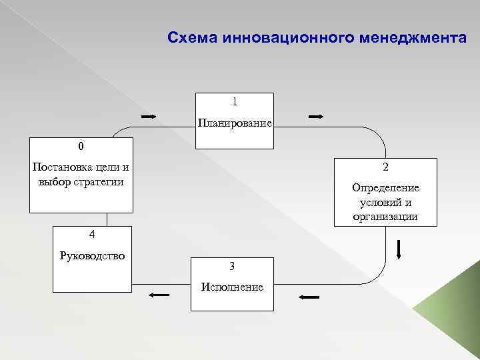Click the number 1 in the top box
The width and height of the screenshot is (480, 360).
pyautogui.click(x=234, y=102)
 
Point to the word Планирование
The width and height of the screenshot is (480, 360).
pyautogui.click(x=234, y=123)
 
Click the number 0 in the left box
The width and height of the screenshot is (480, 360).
pyautogui.click(x=81, y=145)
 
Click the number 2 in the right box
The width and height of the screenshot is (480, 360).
pyautogui.click(x=385, y=167)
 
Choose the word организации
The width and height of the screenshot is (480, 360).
pyautogui.click(x=385, y=216)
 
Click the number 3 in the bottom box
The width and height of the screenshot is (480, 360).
pyautogui.click(x=231, y=266)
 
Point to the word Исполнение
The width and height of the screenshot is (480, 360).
pyautogui.click(x=232, y=287)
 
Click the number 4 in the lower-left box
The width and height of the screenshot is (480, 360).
pyautogui.click(x=92, y=234)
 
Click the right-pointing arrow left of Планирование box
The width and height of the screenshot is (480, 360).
pyautogui.click(x=149, y=117)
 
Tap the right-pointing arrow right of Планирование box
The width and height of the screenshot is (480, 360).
pyautogui.click(x=315, y=117)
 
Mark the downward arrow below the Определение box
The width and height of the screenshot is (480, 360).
pyautogui.click(x=398, y=247)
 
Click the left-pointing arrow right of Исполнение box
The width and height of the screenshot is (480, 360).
pyautogui.click(x=309, y=297)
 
